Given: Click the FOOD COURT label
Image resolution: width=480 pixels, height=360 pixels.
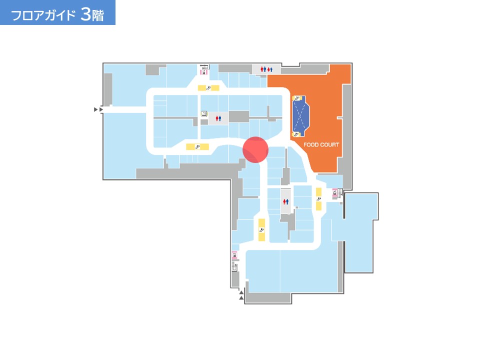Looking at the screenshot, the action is pos(321,144).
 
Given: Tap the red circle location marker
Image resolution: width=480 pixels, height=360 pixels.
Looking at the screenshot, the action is pos(255,149).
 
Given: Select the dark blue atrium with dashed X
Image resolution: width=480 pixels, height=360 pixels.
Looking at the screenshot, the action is pos(300,116).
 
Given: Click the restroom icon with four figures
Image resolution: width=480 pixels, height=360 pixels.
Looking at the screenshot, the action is pos(266,69).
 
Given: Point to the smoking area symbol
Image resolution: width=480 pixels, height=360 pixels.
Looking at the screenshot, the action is pos(204,114).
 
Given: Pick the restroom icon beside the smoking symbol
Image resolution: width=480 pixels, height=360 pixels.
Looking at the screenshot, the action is pos(218,118).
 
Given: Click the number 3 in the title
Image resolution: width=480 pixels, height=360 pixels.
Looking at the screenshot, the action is pos(86,14).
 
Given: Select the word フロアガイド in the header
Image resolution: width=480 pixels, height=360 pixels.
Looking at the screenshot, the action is pos(43,15).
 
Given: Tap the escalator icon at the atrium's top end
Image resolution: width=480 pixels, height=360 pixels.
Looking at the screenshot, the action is pos(296,98).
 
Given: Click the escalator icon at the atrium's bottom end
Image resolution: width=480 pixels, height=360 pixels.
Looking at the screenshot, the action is pos(296,134).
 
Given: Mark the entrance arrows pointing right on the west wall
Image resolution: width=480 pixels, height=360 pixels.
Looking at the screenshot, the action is pos(98,109).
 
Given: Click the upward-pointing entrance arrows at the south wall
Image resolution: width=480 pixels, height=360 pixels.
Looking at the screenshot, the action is pos(241,295).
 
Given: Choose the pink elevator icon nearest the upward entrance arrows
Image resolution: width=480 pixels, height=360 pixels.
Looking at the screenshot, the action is pos(234,255).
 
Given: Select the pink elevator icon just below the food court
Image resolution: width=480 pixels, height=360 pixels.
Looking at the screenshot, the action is pos(335,192).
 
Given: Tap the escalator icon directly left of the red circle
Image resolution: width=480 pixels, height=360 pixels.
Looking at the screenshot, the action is pos(197,147).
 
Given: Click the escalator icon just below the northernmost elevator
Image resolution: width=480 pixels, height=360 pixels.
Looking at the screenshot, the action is pos(208,88).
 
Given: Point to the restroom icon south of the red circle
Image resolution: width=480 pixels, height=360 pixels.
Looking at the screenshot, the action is pos(285,201).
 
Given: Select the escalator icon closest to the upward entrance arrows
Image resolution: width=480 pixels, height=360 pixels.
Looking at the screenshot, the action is pos(261,230).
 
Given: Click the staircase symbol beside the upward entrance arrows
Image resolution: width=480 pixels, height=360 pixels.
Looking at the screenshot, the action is pos(235,266).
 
